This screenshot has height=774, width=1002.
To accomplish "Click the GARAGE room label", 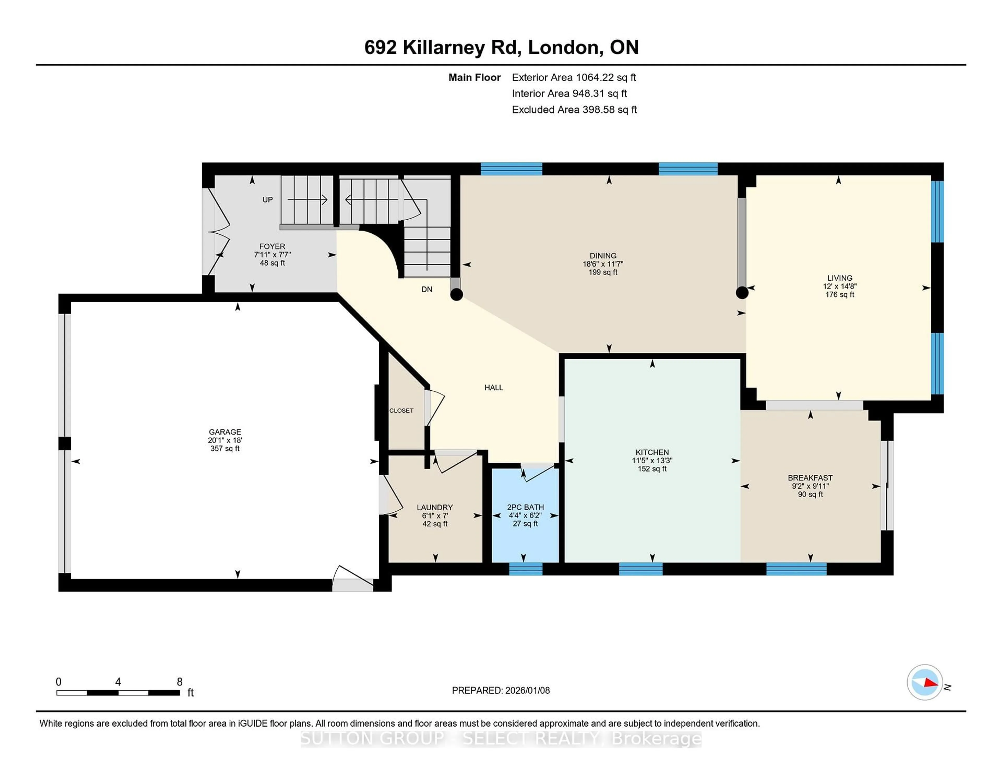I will [x=225, y=432].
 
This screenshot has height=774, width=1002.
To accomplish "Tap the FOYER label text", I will [x=272, y=246].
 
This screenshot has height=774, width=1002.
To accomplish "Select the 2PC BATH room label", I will [x=525, y=507].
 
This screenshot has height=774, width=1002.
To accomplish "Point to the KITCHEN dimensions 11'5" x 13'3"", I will [x=652, y=460].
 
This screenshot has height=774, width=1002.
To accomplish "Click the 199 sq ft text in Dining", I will [x=603, y=272].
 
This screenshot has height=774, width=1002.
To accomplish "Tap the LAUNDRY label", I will [x=434, y=507].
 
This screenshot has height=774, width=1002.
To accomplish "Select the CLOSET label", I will [x=401, y=410].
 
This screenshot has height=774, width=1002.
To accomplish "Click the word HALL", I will [x=494, y=388].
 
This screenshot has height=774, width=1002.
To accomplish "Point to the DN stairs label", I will [x=427, y=289].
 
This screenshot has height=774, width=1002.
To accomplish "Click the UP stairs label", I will [x=267, y=199].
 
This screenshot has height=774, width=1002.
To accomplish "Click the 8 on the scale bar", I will [x=179, y=682].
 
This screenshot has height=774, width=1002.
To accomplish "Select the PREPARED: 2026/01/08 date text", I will [x=500, y=690].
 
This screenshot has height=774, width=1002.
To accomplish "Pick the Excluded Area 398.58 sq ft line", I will [x=574, y=110].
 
